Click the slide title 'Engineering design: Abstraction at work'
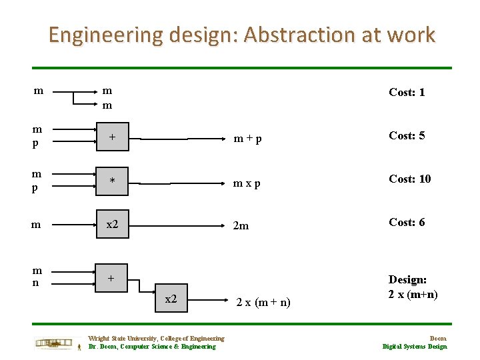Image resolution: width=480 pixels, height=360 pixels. point(241,35)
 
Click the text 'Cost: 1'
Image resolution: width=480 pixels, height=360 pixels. point(407,92)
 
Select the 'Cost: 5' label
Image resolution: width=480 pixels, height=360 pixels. point(407,135)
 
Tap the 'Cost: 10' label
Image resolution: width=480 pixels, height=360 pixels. point(410,179)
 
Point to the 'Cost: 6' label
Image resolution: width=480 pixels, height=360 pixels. point(407,222)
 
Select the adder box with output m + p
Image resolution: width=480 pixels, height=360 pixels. point(113,138)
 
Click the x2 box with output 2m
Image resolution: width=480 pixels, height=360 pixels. point(113,225)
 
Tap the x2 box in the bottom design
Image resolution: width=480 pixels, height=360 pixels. point(171,299)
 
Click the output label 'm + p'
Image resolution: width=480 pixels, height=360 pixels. point(247,139)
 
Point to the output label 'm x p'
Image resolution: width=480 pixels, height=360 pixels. point(247,183)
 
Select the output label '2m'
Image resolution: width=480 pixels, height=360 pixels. point(241,226)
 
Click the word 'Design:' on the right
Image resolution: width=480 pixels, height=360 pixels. point(408,281)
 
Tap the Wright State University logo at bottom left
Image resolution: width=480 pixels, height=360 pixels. point(58,343)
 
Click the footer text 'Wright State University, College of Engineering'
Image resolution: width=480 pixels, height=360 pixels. point(156,339)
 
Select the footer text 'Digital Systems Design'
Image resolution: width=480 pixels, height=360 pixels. point(415,346)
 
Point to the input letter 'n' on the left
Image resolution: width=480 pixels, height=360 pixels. point(37,283)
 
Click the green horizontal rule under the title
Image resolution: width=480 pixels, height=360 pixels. point(242,67)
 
